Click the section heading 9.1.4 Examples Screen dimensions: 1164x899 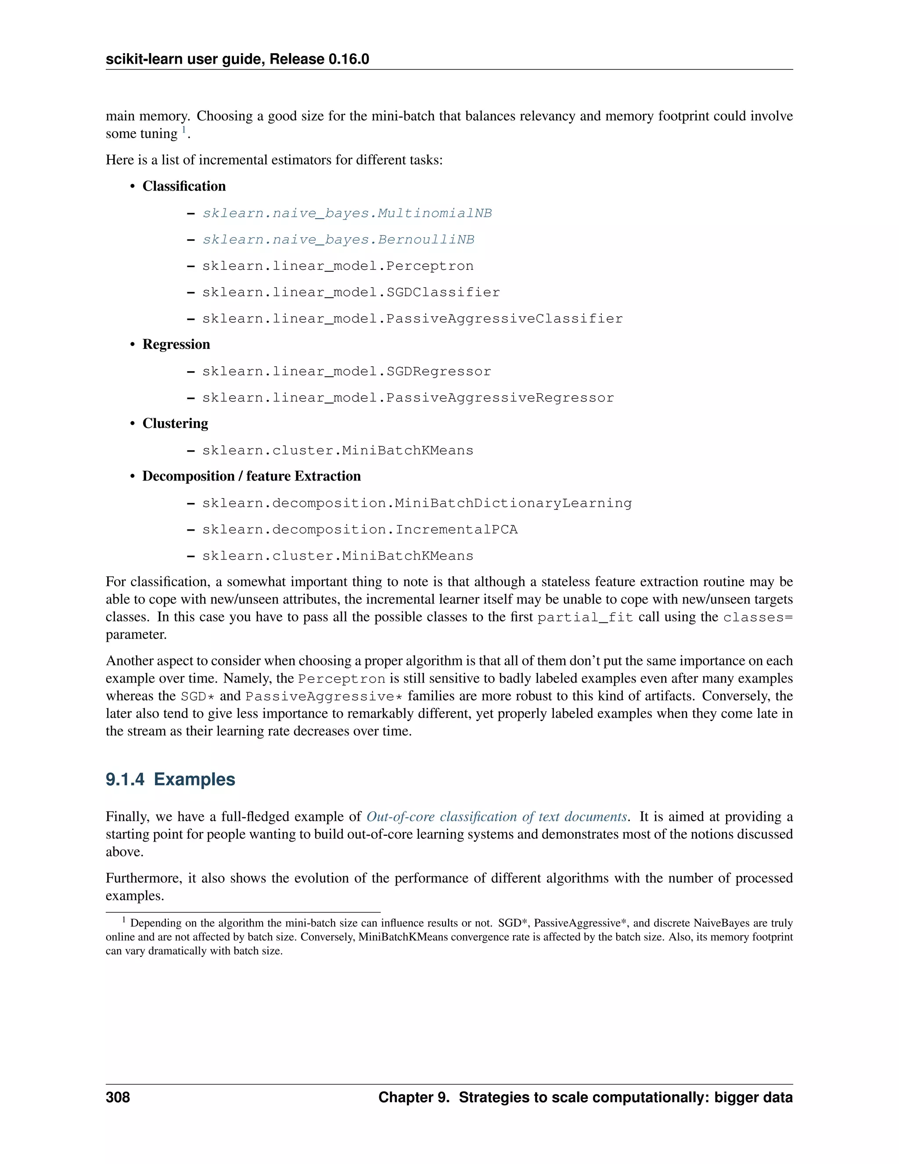pyautogui.click(x=170, y=779)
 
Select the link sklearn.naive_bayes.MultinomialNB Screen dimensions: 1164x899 pyautogui.click(x=347, y=213)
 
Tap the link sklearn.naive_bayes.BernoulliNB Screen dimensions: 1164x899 pyautogui.click(x=338, y=240)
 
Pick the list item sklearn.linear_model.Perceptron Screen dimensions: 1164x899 pyautogui.click(x=338, y=266)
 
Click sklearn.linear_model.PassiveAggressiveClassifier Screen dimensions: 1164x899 pyautogui.click(x=412, y=319)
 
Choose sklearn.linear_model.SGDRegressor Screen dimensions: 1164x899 pyautogui.click(x=347, y=372)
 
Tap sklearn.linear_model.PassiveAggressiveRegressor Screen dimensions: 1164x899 pyautogui.click(x=408, y=398)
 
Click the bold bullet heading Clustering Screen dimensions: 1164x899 pyautogui.click(x=175, y=423)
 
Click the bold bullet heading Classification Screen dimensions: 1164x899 pyautogui.click(x=184, y=186)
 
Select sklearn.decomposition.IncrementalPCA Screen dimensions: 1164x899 pyautogui.click(x=360, y=530)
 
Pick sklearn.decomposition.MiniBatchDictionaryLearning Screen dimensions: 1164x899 pyautogui.click(x=417, y=503)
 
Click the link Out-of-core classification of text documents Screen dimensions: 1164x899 pyautogui.click(x=496, y=817)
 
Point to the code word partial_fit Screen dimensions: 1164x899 pyautogui.click(x=585, y=618)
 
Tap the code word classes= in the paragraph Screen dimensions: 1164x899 pyautogui.click(x=757, y=618)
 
